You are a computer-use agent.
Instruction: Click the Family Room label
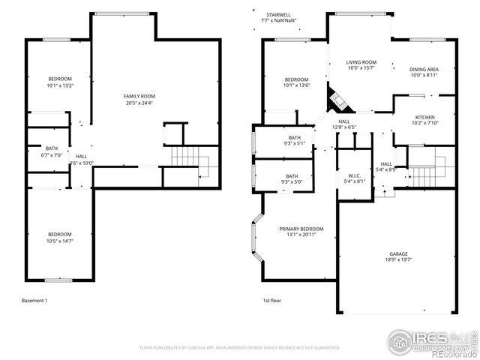(139, 96)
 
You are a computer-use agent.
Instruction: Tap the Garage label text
(397, 254)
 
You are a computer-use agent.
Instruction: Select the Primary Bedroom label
(301, 229)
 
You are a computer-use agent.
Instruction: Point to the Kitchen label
(425, 118)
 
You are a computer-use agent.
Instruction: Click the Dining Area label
(424, 69)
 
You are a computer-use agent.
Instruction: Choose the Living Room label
(361, 62)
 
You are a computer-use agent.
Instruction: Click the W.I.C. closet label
(355, 175)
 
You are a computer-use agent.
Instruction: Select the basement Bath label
(51, 148)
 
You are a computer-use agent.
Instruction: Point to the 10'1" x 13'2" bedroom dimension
(61, 85)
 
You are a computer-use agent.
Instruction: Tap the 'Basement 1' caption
(34, 301)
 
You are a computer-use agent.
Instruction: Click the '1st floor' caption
(271, 301)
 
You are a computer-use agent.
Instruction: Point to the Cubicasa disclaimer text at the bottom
(239, 348)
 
